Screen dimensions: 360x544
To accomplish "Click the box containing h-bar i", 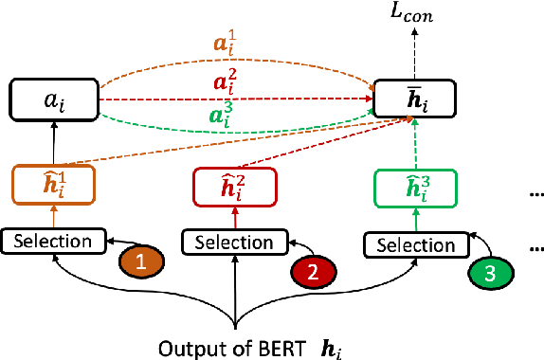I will click(x=414, y=98).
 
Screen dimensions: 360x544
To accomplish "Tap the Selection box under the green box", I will click(x=414, y=244).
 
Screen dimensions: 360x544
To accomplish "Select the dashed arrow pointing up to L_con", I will click(x=414, y=52).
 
